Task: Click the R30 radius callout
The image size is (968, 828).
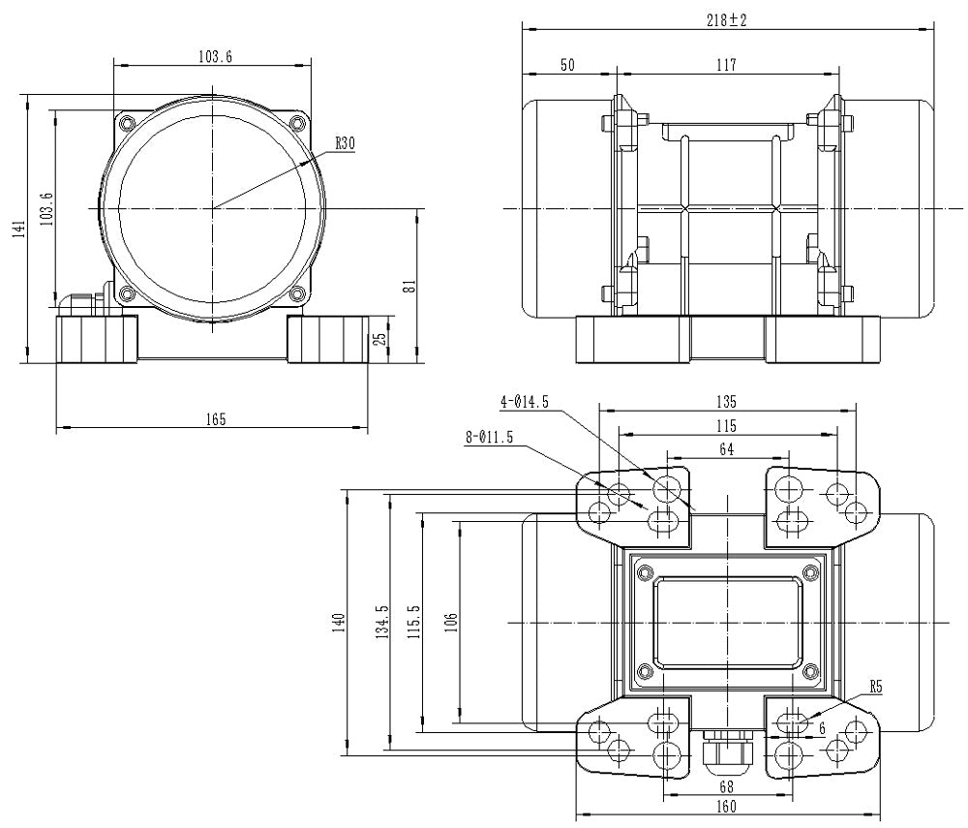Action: [x=346, y=143]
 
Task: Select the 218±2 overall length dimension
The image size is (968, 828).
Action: [x=727, y=19]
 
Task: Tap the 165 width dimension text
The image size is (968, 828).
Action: [x=215, y=419]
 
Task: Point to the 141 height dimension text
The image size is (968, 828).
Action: [x=15, y=230]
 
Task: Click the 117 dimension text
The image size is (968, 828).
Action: [x=726, y=65]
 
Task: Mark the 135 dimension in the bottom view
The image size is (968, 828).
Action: [x=727, y=401]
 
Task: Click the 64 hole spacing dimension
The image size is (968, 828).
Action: [x=727, y=448]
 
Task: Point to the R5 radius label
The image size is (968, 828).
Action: [x=876, y=687]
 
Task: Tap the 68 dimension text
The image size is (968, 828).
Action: [x=727, y=788]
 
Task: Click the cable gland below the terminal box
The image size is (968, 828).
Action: [x=727, y=753]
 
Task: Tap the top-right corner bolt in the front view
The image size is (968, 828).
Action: [x=297, y=123]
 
